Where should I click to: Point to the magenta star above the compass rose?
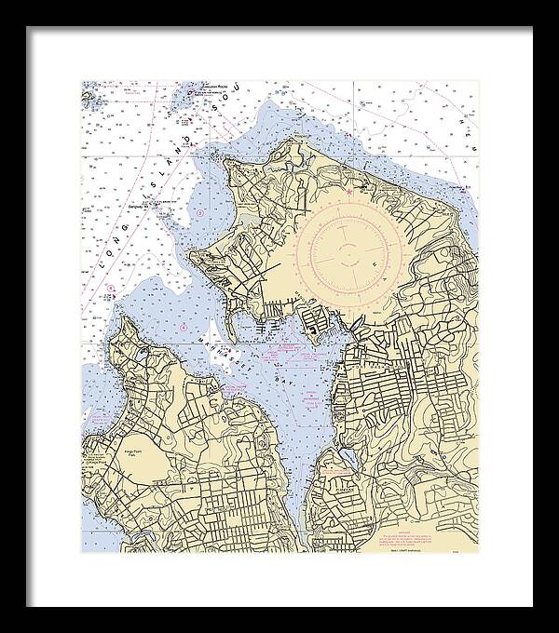[350, 192]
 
